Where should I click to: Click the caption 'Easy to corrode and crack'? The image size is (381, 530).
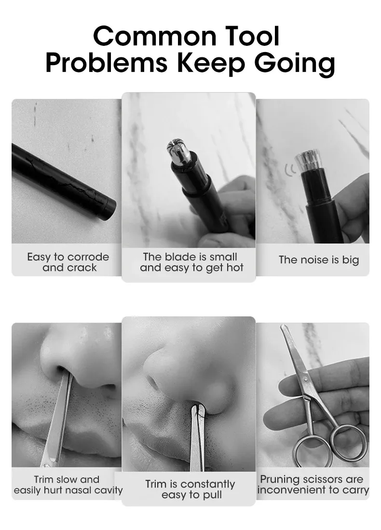tap(68, 262)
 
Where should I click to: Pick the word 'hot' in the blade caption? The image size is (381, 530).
tap(232, 268)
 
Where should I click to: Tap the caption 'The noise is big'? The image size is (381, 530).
tap(319, 260)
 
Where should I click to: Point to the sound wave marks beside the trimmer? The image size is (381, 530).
tap(289, 169)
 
